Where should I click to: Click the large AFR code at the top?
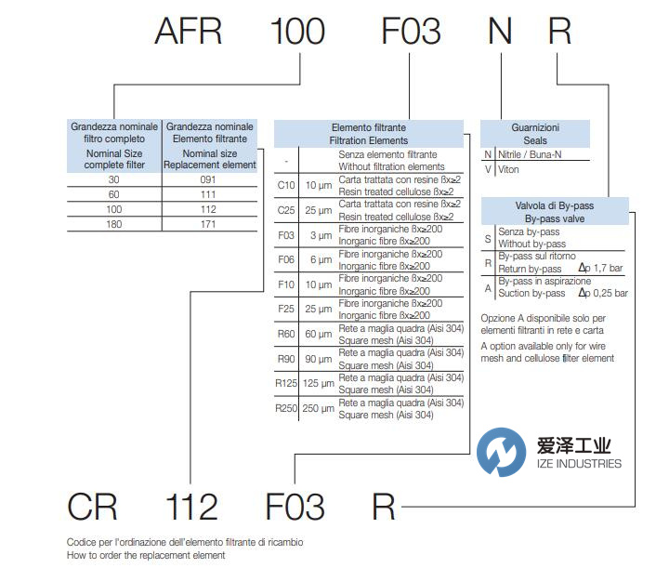(189, 33)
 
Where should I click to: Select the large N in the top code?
(500, 33)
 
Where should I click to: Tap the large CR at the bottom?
(92, 507)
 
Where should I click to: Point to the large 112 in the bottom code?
(191, 507)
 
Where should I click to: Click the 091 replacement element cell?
(208, 179)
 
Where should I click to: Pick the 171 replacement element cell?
(208, 224)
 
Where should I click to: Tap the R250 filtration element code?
(286, 408)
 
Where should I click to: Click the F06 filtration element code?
(286, 259)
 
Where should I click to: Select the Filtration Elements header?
(368, 140)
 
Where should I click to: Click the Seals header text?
(535, 140)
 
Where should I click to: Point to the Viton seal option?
(510, 169)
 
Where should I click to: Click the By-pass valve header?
(554, 217)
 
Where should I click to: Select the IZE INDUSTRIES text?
(579, 463)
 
